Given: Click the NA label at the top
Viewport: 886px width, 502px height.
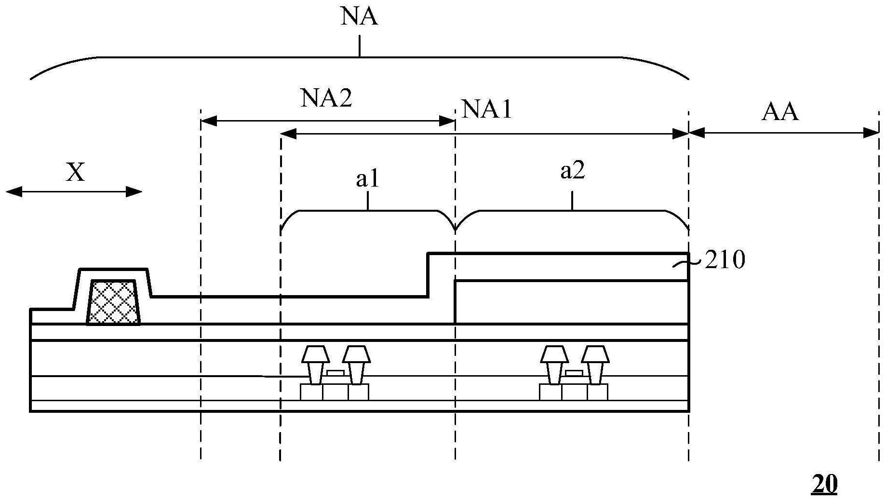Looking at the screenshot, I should tap(359, 16).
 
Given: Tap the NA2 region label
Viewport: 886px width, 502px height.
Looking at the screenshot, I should tap(326, 98).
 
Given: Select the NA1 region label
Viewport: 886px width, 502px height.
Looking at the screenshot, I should tap(486, 109).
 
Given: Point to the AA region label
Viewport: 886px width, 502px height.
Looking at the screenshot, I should tap(780, 112).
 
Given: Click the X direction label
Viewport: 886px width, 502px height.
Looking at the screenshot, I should tap(76, 172).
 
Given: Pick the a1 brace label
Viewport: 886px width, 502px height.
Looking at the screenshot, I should tap(368, 179).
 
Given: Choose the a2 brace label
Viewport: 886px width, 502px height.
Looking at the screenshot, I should tap(573, 171).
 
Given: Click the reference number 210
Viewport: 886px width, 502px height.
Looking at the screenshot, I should tap(725, 260).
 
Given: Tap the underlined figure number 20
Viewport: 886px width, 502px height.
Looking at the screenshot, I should tap(824, 484).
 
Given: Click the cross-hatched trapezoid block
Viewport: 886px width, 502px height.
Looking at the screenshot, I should tap(114, 302).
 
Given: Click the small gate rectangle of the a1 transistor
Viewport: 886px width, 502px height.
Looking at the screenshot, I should tap(336, 373).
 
